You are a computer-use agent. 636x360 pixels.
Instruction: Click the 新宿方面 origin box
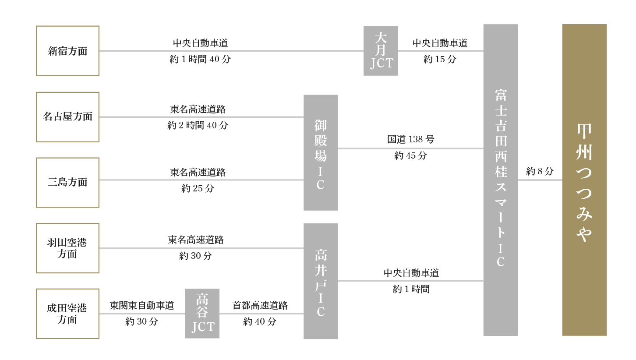click(x=67, y=51)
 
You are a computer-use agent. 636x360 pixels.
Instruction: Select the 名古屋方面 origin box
click(x=67, y=117)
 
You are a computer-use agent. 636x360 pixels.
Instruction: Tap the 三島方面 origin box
click(x=67, y=182)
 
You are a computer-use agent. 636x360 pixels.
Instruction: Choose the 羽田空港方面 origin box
click(x=67, y=248)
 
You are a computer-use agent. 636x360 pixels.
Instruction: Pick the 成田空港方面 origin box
click(x=67, y=314)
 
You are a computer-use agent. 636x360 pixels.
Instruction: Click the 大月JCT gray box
click(x=380, y=51)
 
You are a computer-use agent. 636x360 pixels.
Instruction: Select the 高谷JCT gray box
click(x=202, y=314)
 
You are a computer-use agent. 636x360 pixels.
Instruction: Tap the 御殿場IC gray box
click(x=321, y=152)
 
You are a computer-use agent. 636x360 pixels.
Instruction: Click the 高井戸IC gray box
click(x=321, y=281)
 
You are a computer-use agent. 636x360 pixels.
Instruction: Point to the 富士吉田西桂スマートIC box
click(x=500, y=180)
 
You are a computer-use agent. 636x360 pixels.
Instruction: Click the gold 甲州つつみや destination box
click(x=584, y=180)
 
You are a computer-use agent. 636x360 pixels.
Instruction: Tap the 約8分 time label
click(x=540, y=171)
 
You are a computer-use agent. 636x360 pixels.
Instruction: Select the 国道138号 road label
click(x=410, y=139)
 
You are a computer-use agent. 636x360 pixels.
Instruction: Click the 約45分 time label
click(x=410, y=155)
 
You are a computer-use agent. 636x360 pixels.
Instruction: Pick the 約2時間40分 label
click(x=198, y=126)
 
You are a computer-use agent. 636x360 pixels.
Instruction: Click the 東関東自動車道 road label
click(x=141, y=305)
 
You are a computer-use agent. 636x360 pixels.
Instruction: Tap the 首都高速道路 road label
click(x=260, y=305)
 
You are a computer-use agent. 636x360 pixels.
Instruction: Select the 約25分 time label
click(x=198, y=189)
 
